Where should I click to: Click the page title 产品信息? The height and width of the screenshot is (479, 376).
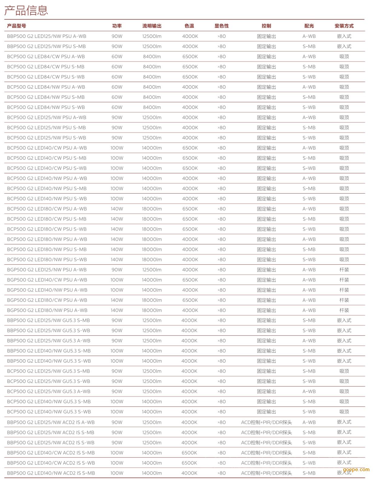tap(26, 11)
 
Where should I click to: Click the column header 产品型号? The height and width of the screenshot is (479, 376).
tap(17, 26)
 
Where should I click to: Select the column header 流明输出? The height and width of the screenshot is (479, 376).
tap(152, 26)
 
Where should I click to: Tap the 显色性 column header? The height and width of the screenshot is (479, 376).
tap(222, 26)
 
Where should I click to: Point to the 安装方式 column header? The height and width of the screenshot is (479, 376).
tap(344, 26)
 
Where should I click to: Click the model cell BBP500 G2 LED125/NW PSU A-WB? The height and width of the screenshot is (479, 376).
tap(47, 36)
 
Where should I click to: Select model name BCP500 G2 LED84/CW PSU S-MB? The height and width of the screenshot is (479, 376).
tap(46, 67)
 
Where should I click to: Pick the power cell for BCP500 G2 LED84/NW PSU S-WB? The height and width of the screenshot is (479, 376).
tap(117, 107)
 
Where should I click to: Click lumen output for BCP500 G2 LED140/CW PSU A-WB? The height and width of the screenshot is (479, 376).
tap(152, 148)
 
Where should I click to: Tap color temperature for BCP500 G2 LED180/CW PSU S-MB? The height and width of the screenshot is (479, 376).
tap(190, 219)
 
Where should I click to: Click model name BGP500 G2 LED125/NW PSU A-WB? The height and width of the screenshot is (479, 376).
tap(47, 270)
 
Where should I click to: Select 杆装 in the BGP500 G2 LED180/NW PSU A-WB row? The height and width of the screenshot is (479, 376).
tap(344, 310)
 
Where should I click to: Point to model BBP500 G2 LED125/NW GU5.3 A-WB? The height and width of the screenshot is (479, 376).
tap(49, 341)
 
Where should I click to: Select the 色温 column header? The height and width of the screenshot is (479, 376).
tap(189, 26)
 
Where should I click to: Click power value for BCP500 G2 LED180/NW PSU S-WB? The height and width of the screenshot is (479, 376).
tap(117, 259)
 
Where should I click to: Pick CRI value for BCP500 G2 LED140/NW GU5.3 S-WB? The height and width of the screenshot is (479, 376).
tap(222, 412)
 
